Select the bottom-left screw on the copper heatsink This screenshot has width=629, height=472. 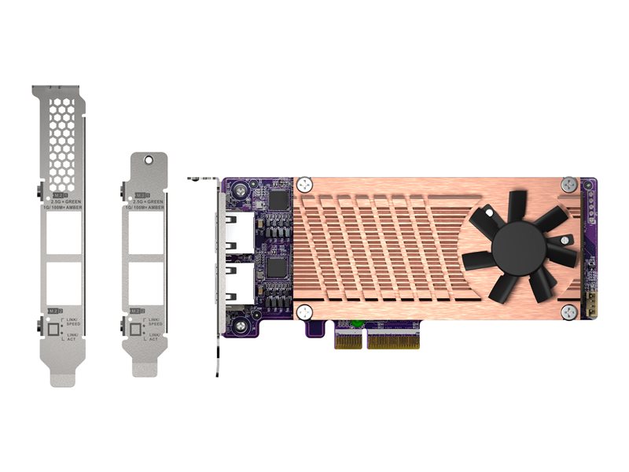[304, 313]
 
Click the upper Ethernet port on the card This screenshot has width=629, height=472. [240, 230]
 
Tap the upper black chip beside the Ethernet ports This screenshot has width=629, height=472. [278, 201]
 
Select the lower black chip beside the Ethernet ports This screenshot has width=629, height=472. [278, 267]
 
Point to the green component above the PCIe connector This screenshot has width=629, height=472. [357, 323]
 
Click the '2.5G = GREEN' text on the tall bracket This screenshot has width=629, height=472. [65, 202]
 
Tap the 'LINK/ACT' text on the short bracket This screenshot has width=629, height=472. [155, 337]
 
